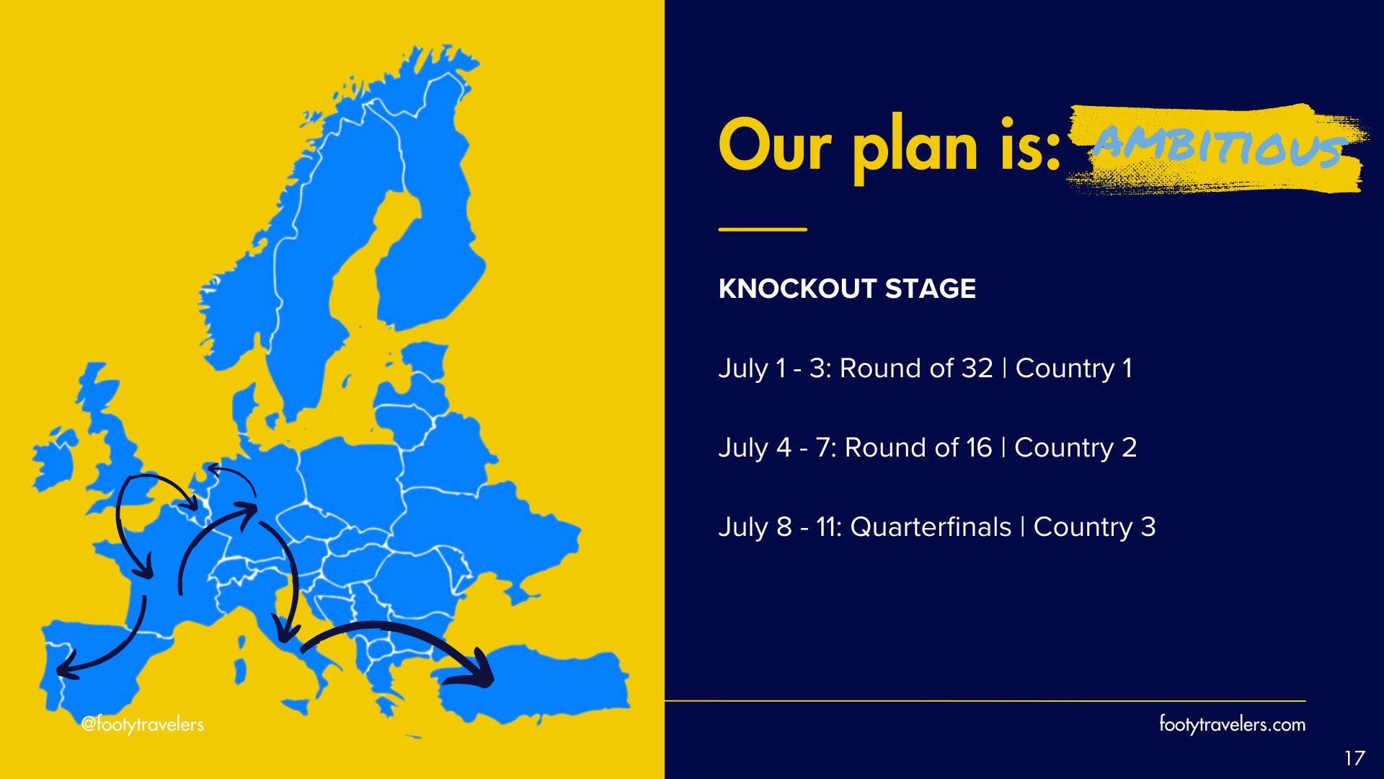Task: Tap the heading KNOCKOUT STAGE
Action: [x=847, y=289]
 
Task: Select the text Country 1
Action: [x=1073, y=369]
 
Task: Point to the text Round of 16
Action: [x=918, y=448]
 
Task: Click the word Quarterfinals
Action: [x=931, y=527]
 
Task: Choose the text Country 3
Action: [x=1094, y=527]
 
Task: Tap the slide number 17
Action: [x=1354, y=758]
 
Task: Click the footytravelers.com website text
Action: [x=1232, y=724]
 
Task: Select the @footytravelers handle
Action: [x=143, y=724]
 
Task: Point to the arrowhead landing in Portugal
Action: [x=67, y=665]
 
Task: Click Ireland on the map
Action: [x=54, y=458]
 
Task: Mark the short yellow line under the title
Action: [x=763, y=229]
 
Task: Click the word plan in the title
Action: [x=915, y=148]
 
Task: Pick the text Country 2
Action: [x=1075, y=448]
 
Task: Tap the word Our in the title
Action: [x=776, y=146]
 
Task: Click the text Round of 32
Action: [x=916, y=369]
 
